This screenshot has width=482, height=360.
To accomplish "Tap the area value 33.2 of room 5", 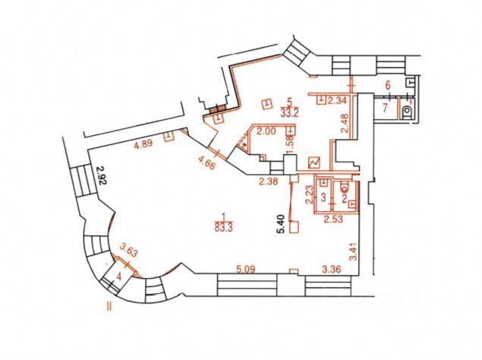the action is click(288, 112).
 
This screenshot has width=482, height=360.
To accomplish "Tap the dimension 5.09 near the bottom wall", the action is click(248, 267).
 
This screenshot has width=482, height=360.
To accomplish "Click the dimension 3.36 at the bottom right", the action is click(332, 267).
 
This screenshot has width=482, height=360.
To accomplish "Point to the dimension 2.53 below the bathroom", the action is click(334, 220).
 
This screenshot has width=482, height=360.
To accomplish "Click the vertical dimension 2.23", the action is click(310, 196).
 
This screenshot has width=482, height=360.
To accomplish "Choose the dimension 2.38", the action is click(269, 181).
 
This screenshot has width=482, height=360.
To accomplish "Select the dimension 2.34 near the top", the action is click(338, 100).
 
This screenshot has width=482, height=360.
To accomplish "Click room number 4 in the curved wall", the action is click(118, 276).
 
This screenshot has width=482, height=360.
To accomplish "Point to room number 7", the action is click(385, 109).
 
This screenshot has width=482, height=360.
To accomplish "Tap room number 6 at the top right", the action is click(387, 86).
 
